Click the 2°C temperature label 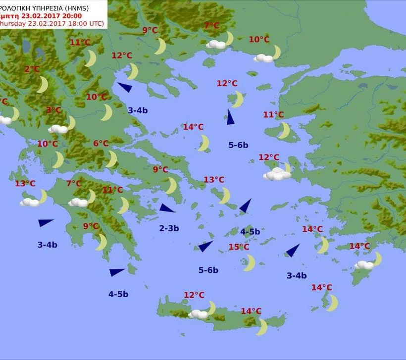pyautogui.click(x=32, y=69)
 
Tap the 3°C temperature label pyautogui.click(x=53, y=110)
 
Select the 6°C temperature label pyautogui.click(x=101, y=144)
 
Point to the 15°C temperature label pyautogui.click(x=239, y=247)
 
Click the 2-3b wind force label pyautogui.click(x=169, y=228)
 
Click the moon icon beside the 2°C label pyautogui.click(x=43, y=85)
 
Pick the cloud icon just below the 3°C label pyautogui.click(x=58, y=129)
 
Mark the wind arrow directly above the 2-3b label pyautogui.click(x=167, y=208)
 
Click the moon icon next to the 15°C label pyautogui.click(x=250, y=263)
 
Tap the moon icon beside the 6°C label pyautogui.click(x=112, y=159)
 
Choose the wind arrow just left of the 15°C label pyautogui.click(x=205, y=246)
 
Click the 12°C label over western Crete pyautogui.click(x=194, y=295)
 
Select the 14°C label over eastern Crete pyautogui.click(x=251, y=311)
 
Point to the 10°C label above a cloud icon pyautogui.click(x=259, y=40)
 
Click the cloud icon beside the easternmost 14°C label pyautogui.click(x=364, y=265)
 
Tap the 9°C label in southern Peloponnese pyautogui.click(x=91, y=226)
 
